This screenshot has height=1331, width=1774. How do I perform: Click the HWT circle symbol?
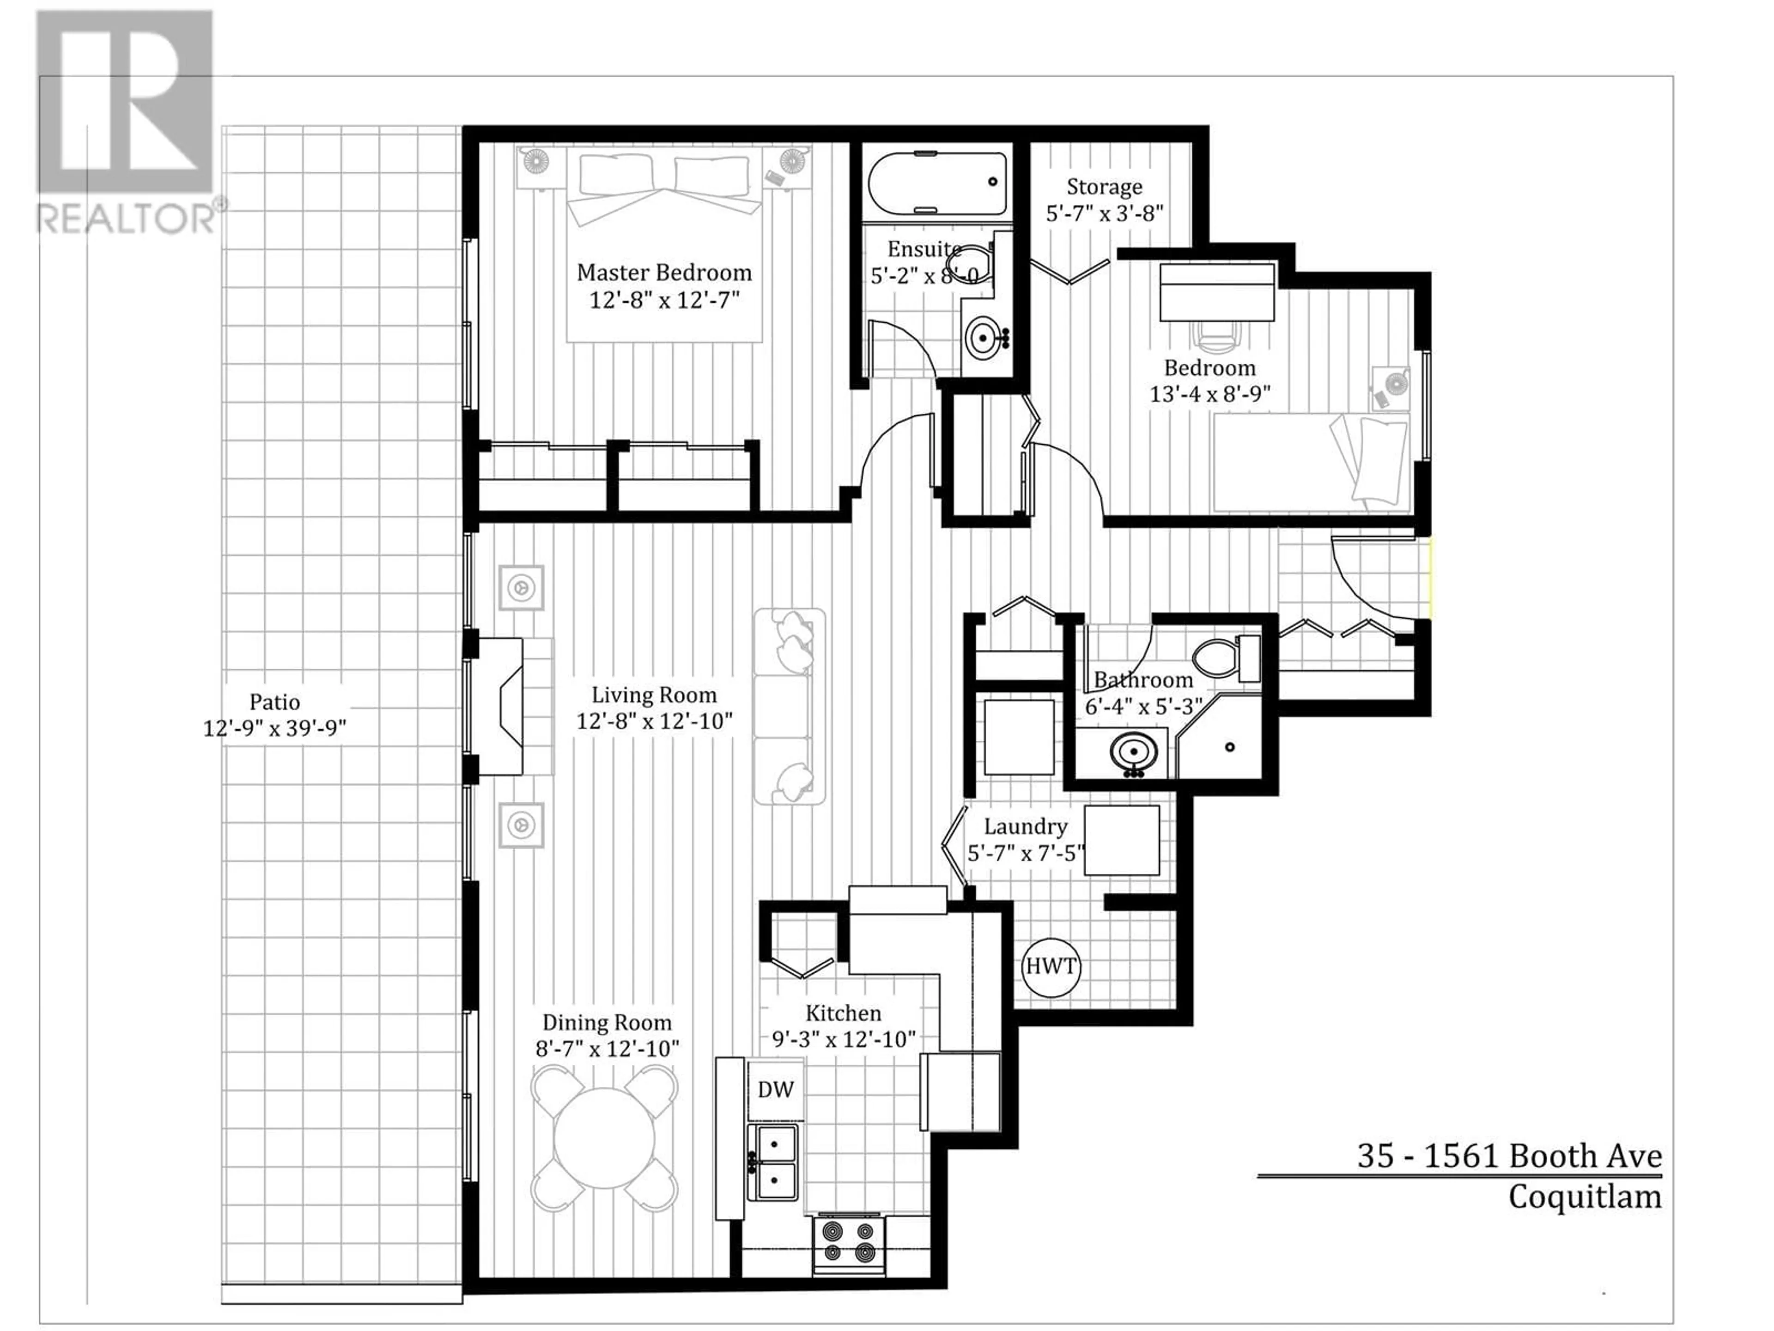click(x=1051, y=967)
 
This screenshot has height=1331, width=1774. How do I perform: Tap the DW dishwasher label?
click(x=776, y=1089)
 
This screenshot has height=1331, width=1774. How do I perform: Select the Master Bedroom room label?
click(x=664, y=273)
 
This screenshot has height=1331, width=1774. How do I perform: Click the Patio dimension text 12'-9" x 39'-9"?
click(x=274, y=728)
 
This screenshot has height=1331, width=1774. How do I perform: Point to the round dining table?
click(x=604, y=1138)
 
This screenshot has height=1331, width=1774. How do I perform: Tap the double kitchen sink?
click(x=773, y=1162)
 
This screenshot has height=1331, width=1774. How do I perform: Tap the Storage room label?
click(x=1104, y=187)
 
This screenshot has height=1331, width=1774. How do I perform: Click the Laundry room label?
click(x=1026, y=826)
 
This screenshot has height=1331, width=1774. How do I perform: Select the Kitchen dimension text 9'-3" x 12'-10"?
click(x=844, y=1039)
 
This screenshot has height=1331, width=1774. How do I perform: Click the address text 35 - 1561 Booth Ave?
click(x=1509, y=1156)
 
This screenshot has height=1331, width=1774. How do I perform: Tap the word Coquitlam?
click(x=1585, y=1198)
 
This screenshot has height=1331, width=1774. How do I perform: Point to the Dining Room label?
click(x=607, y=1022)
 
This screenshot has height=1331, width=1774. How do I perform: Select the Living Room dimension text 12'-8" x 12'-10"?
click(x=655, y=721)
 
